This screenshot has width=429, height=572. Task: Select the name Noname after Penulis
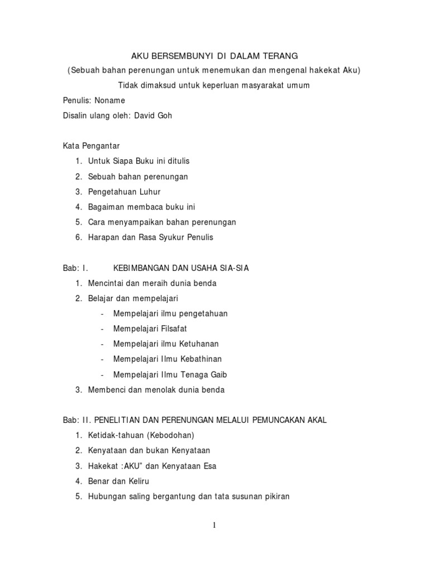tap(111, 101)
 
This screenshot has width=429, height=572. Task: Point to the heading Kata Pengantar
tap(91, 146)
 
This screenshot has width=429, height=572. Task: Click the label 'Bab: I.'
tap(75, 268)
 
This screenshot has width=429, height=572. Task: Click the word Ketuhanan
tap(199, 344)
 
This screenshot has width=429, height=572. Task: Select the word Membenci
tap(107, 390)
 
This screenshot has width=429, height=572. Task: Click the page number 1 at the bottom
tap(214, 525)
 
